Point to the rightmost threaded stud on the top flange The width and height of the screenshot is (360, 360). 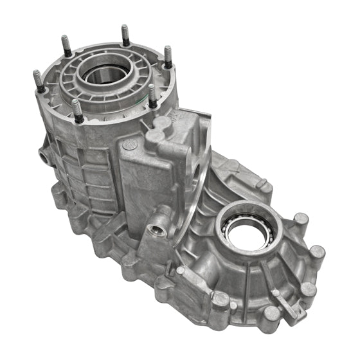pos(167,57)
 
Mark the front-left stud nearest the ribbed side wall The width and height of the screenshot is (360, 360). pos(78,109)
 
